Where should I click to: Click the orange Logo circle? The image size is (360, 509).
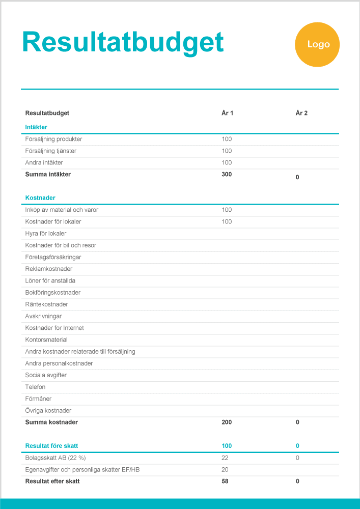click(317, 44)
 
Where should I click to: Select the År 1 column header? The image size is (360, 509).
click(227, 113)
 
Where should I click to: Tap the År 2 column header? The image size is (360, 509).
click(301, 113)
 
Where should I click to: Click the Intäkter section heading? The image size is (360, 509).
click(36, 127)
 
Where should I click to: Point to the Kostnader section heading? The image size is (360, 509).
click(40, 197)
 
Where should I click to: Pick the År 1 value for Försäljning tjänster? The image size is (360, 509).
click(227, 151)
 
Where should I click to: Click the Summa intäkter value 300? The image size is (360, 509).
click(227, 174)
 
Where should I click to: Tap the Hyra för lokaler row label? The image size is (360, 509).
click(46, 233)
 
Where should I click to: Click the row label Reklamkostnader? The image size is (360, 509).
click(49, 269)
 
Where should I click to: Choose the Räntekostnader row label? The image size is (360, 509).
click(46, 304)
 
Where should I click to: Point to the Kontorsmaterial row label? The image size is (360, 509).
click(46, 340)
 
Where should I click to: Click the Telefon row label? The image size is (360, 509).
click(35, 387)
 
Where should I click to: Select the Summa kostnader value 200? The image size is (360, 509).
click(227, 422)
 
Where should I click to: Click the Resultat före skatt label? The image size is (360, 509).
click(51, 446)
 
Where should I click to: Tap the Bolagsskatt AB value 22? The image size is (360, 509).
click(225, 458)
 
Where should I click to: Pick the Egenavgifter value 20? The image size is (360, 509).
click(225, 469)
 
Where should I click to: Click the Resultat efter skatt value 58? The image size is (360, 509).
click(225, 481)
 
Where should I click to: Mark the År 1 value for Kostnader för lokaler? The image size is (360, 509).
click(227, 221)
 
